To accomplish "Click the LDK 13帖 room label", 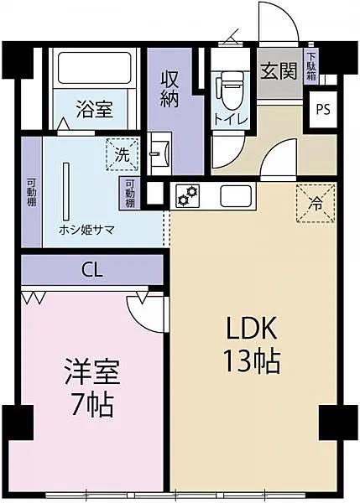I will [x=250, y=345].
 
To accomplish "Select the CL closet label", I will [x=92, y=270].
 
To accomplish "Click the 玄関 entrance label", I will [x=277, y=70].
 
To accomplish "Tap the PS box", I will [x=322, y=109].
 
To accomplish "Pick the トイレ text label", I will [x=229, y=119].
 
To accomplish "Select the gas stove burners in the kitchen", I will [x=188, y=196].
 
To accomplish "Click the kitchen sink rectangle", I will [x=236, y=196].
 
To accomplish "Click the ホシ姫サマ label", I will [x=86, y=229].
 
